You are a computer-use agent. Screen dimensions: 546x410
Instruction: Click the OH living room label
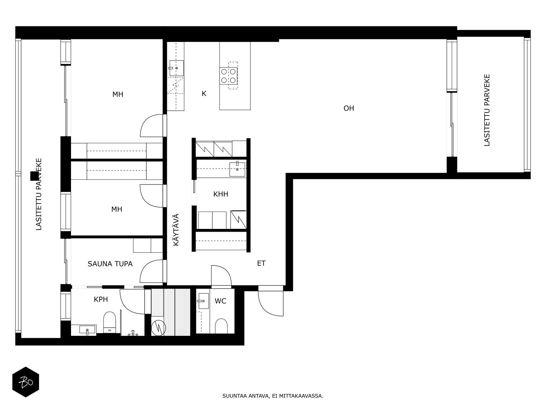tap(348, 108)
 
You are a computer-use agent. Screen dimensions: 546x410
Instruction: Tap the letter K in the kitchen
tap(204, 94)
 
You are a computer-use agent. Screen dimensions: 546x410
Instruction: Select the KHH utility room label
tap(221, 194)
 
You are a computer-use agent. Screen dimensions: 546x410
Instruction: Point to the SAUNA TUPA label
tap(110, 264)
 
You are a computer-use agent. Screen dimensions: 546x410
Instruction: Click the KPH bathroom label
tap(101, 299)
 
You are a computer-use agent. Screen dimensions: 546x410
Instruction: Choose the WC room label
tap(220, 301)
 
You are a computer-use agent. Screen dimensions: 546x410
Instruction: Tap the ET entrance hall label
tap(261, 263)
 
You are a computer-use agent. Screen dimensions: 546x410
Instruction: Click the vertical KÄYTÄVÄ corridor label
tap(176, 230)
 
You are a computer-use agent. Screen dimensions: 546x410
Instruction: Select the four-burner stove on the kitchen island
tap(228, 76)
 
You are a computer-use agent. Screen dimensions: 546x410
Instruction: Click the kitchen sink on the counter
tap(176, 68)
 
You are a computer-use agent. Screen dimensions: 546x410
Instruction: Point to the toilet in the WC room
tap(221, 326)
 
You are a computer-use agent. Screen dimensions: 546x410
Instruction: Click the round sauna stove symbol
tap(158, 328)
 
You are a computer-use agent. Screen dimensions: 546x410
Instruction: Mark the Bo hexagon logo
tap(26, 382)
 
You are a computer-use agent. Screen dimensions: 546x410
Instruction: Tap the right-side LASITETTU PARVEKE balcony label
tap(487, 110)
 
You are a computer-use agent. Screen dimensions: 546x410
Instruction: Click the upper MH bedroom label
tap(118, 94)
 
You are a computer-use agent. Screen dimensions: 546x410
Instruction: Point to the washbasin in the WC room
tap(203, 301)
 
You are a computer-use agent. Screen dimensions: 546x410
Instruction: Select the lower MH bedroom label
tap(117, 209)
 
